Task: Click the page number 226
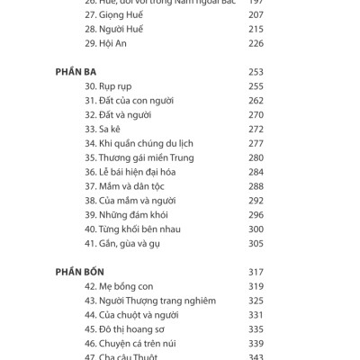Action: pos(256,41)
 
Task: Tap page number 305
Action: pos(256,244)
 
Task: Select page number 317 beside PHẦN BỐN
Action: pos(256,272)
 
